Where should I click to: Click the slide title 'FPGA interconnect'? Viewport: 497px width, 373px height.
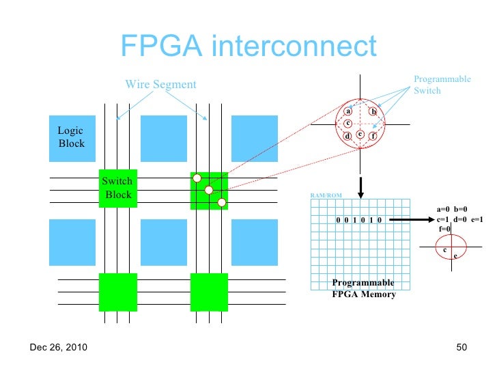coord(248,46)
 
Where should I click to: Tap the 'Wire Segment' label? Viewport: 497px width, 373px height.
coord(160,85)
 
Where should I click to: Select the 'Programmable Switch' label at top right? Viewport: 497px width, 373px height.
coord(442,85)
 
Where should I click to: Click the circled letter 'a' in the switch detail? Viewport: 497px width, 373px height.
coord(347,111)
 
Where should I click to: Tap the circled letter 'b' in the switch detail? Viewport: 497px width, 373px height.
coord(373,111)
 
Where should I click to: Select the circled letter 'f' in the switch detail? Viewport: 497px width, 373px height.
coord(373,136)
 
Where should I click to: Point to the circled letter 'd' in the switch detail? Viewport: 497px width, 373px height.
coord(347,137)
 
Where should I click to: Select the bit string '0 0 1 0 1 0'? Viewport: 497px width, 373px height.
coord(359,220)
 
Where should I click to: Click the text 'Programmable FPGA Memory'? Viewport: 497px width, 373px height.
coord(363,289)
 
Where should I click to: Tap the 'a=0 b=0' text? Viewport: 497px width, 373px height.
coord(452,210)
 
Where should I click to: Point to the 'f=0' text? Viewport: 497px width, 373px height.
coord(444,229)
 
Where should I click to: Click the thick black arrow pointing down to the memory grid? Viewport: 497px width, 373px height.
coord(360,183)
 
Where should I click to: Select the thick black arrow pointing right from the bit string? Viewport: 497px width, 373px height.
coord(410,220)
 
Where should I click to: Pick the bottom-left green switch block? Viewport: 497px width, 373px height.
coord(118,292)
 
